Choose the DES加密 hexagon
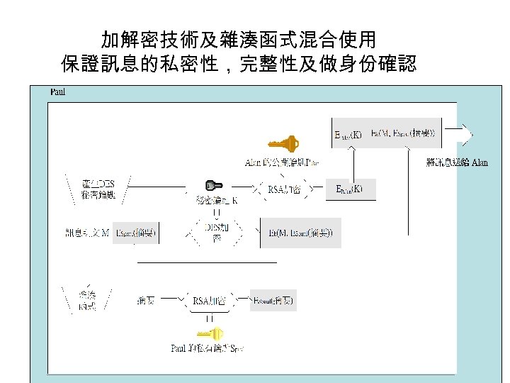pyautogui.click(x=217, y=232)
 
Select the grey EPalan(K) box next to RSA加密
pyautogui.click(x=348, y=189)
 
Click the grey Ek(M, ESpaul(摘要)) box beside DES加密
pyautogui.click(x=301, y=232)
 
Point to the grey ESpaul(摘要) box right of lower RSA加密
pyautogui.click(x=273, y=300)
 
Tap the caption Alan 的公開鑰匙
pyautogui.click(x=282, y=163)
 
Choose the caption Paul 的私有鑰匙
pyautogui.click(x=208, y=348)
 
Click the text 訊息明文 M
pyautogui.click(x=86, y=233)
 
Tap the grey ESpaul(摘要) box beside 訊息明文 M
pyautogui.click(x=136, y=233)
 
